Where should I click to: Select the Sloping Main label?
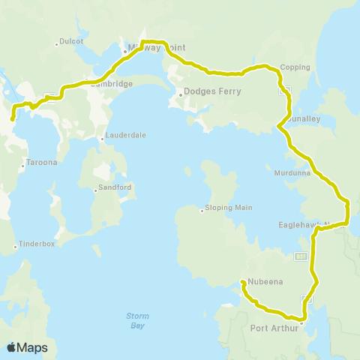229,208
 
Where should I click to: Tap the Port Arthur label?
274,328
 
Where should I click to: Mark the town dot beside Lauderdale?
103,139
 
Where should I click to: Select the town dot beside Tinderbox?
16,247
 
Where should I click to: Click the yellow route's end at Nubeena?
242,283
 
